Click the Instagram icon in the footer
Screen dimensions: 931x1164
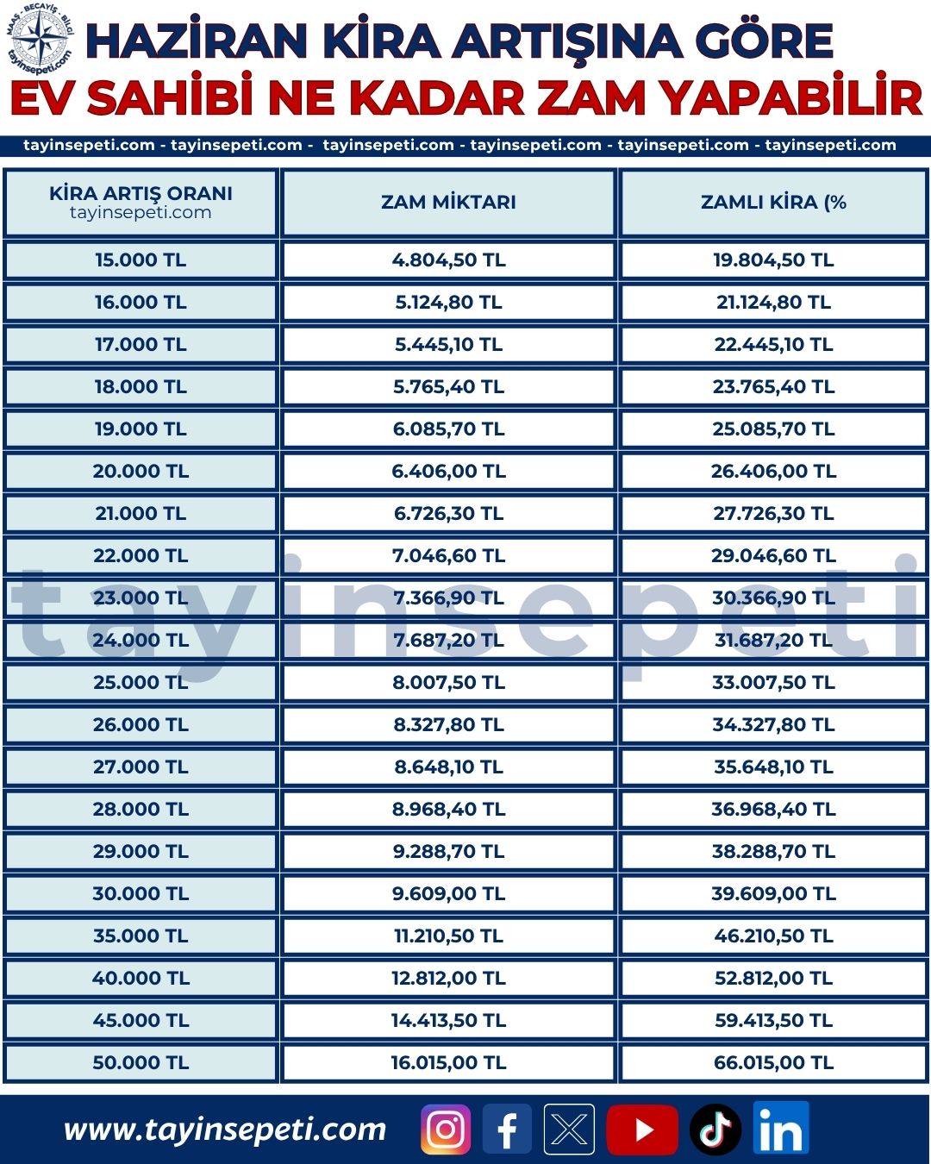click(445, 1129)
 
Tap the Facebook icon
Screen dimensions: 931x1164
click(507, 1129)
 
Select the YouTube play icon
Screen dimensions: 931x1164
click(642, 1130)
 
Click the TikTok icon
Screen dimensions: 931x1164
click(715, 1130)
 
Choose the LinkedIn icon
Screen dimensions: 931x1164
click(781, 1128)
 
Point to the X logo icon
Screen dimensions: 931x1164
click(569, 1129)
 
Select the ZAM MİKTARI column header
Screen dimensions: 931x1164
click(448, 202)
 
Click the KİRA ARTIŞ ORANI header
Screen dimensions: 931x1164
click(141, 193)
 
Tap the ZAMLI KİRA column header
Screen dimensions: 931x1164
click(773, 202)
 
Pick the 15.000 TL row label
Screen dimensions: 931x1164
click(141, 260)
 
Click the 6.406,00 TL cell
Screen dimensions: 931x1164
click(448, 471)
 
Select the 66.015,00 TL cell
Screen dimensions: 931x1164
click(773, 1062)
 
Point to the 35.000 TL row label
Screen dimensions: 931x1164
click(141, 936)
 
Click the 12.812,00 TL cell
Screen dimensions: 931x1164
click(448, 978)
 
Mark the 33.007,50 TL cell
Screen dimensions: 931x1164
click(773, 682)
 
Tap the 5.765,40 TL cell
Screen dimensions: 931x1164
click(448, 386)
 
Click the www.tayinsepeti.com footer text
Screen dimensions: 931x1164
click(225, 1130)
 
